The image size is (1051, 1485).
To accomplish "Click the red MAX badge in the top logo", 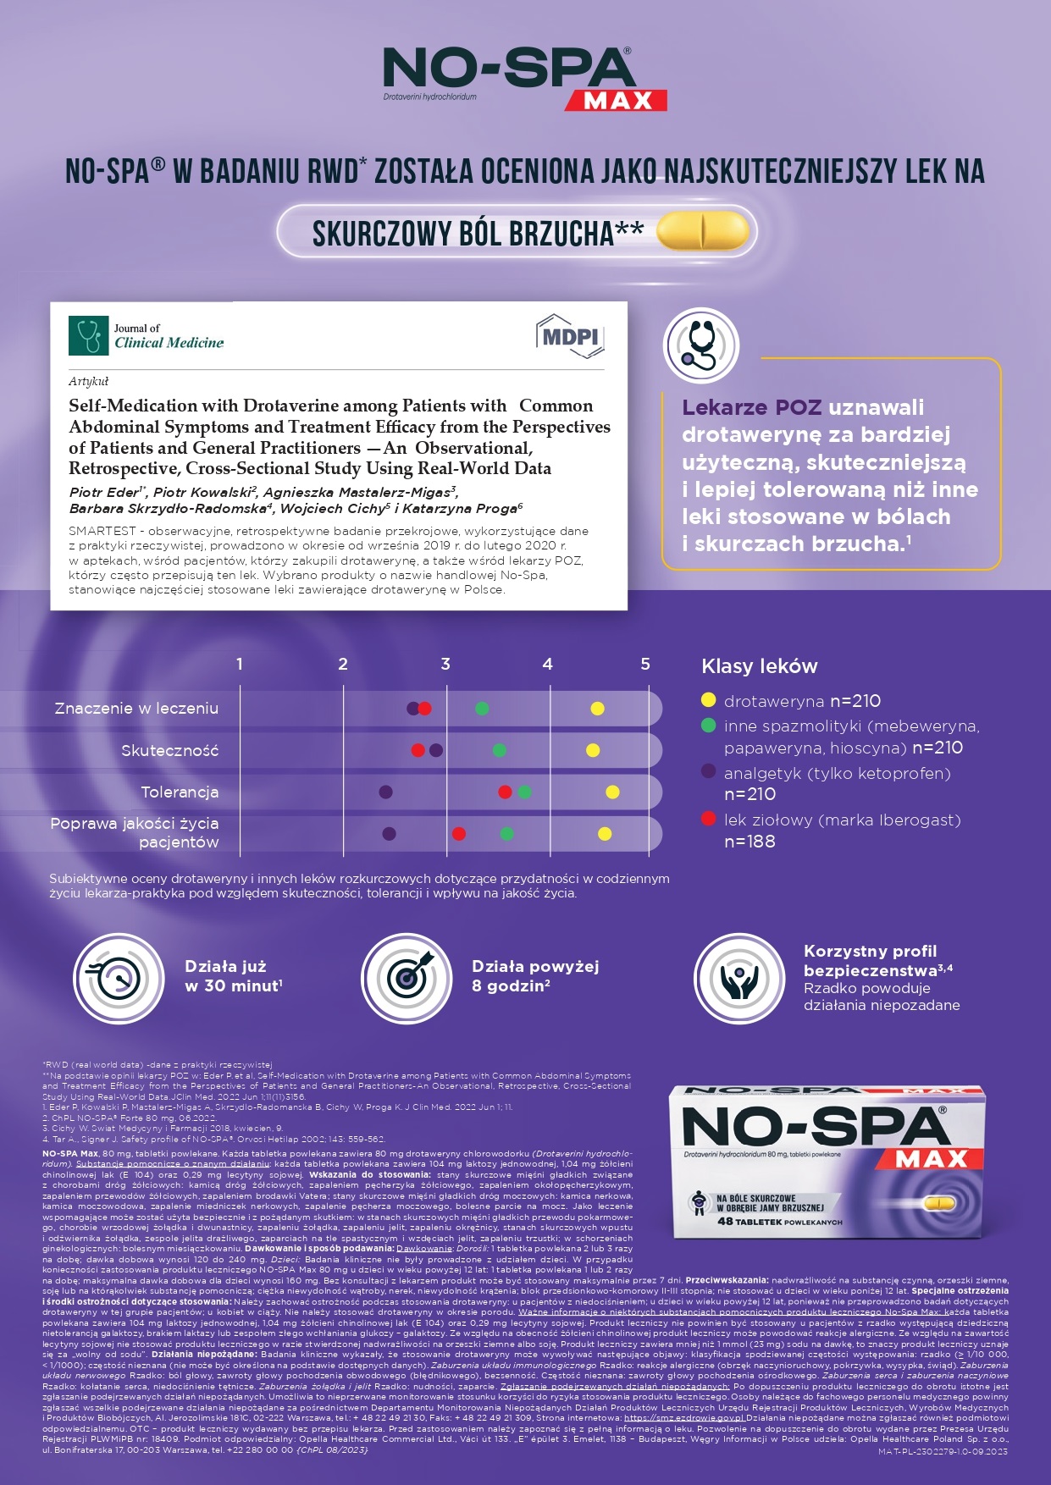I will click(617, 100).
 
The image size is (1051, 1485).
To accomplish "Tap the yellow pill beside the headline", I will click(703, 230).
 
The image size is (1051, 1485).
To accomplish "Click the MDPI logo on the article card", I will click(570, 337).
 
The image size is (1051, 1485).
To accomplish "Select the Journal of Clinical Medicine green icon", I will click(88, 335).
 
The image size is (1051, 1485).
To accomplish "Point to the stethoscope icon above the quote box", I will click(701, 345).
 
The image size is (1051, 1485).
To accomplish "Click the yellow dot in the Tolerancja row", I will click(612, 792).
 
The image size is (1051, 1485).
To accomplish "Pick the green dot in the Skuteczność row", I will click(500, 750).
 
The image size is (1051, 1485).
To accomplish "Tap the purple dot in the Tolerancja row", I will click(385, 792).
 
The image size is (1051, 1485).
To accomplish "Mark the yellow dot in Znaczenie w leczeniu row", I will click(597, 709).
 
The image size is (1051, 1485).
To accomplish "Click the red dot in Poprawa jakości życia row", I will click(459, 834).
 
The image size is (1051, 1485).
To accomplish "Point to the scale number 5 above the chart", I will click(645, 665).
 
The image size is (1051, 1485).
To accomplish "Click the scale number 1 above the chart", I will click(240, 665).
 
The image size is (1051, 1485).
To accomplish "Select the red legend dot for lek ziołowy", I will click(709, 819).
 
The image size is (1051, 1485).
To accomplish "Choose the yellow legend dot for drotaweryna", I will click(709, 700).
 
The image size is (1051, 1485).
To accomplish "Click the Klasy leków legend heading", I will click(760, 666).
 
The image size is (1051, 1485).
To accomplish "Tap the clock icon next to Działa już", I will click(119, 979).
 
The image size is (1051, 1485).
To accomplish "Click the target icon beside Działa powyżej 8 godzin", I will click(407, 979).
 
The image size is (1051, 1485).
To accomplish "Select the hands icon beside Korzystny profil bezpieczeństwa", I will click(739, 979).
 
